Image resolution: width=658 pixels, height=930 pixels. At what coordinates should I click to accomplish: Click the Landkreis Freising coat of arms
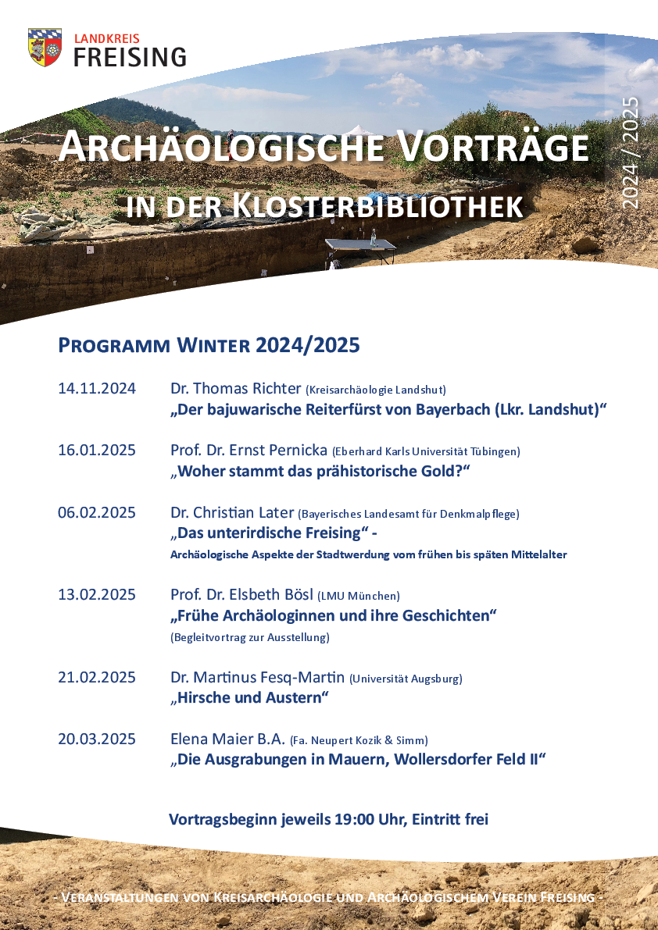(x=45, y=47)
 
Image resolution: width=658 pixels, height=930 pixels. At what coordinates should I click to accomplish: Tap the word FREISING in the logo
(x=130, y=57)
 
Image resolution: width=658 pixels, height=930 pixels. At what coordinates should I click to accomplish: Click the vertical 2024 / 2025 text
(x=630, y=152)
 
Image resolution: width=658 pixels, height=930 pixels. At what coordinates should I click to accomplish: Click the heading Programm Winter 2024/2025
(x=209, y=345)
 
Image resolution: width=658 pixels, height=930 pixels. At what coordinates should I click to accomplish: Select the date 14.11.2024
(x=97, y=389)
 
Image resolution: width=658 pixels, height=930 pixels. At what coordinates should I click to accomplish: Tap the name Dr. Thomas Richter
(x=235, y=389)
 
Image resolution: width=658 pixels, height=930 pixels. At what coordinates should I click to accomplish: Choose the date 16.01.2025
(x=97, y=451)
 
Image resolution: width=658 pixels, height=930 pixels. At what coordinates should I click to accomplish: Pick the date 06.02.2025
(x=97, y=513)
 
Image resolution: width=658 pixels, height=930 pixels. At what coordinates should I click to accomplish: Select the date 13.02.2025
(x=97, y=595)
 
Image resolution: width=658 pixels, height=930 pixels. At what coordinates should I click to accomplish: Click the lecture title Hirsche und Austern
(x=250, y=697)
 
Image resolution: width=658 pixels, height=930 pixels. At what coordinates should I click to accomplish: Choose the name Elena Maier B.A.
(x=227, y=739)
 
